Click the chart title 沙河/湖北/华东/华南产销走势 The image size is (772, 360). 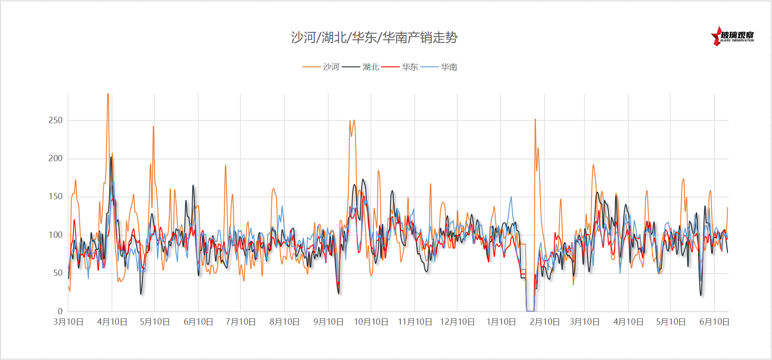click(374, 37)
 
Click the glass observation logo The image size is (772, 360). click(733, 36)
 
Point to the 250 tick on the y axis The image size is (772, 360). click(56, 120)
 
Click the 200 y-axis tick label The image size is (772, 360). click(56, 158)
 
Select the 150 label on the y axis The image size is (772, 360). click(56, 196)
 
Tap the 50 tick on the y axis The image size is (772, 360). click(58, 273)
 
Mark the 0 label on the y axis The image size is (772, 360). click(60, 311)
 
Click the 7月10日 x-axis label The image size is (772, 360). click(240, 322)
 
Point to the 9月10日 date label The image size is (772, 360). click(328, 322)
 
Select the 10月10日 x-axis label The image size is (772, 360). click(371, 322)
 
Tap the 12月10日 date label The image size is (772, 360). click(457, 322)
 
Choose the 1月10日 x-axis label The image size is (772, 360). click(501, 322)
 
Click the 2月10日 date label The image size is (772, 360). click(545, 322)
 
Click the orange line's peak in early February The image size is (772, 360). click(535, 120)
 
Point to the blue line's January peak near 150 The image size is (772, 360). click(511, 197)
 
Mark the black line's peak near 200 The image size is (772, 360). click(111, 157)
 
